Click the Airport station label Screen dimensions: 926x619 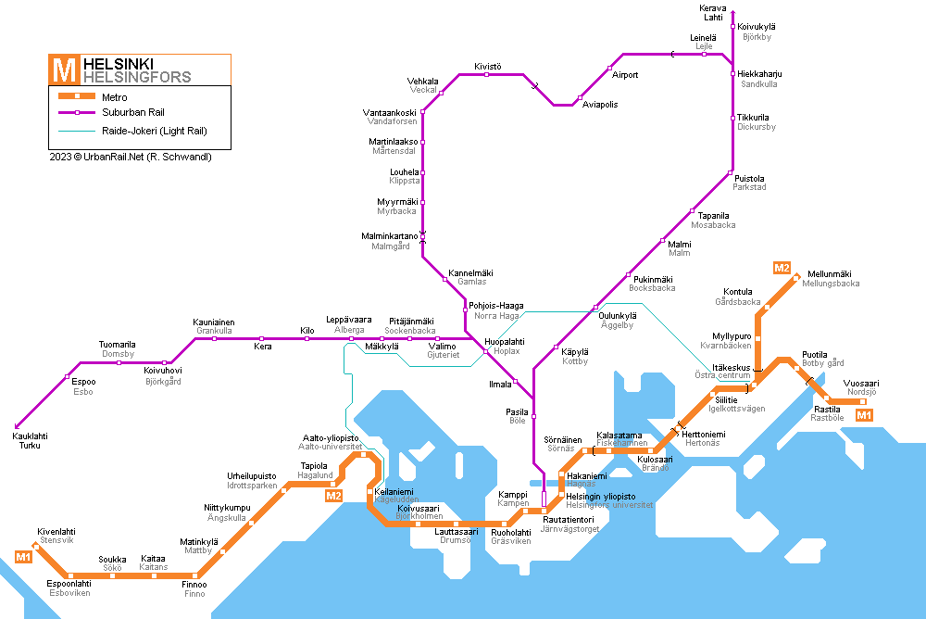625,75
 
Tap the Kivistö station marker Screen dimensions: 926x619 487,74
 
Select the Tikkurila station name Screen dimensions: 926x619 753,117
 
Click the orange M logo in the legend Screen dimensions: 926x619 64,69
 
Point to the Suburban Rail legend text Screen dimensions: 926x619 132,112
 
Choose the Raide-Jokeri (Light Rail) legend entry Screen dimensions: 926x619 132,131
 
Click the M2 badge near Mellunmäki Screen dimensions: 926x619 782,268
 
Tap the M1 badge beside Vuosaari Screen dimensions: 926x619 864,415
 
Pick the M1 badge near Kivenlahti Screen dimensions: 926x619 24,557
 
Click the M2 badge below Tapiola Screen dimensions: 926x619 333,496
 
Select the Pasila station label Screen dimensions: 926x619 517,412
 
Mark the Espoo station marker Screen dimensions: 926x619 68,376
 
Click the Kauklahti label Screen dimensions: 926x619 31,436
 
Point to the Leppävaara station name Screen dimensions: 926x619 348,320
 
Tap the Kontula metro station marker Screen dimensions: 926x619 767,307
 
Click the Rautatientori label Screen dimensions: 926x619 569,520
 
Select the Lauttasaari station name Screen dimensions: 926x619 456,532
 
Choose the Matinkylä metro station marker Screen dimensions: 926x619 222,551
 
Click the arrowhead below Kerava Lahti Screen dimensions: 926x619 732,12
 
